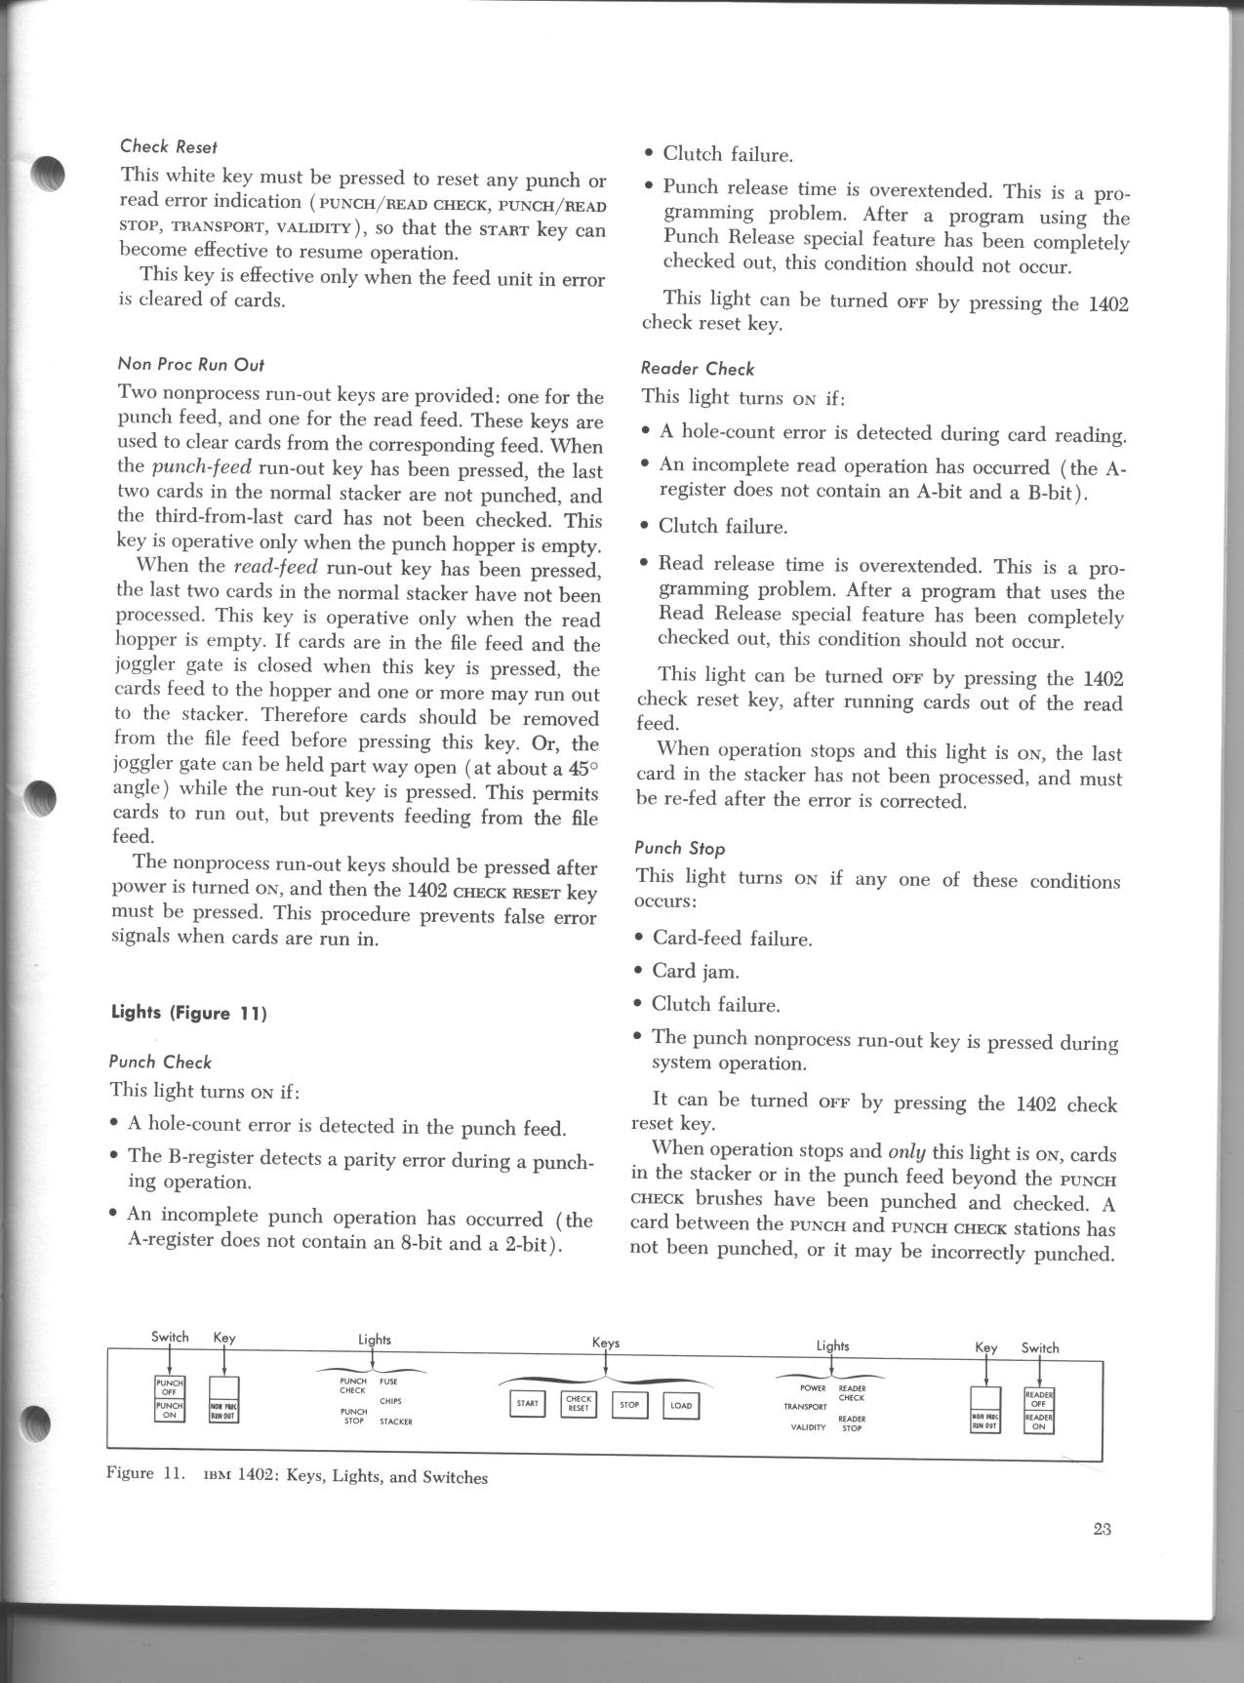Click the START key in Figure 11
(528, 1403)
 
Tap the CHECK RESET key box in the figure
(579, 1403)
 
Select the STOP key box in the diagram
(629, 1405)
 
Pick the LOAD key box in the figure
(681, 1406)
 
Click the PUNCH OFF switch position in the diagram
(169, 1387)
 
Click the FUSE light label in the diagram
(388, 1382)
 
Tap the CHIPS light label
(390, 1401)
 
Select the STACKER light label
(396, 1422)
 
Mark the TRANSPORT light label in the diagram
(805, 1407)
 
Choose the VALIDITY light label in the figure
(808, 1426)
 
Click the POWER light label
(813, 1387)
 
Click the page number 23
(1103, 1529)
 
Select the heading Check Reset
(169, 146)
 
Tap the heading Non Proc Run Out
(190, 365)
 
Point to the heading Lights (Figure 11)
(188, 1012)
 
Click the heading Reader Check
(698, 369)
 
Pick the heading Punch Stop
(680, 848)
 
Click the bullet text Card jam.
(696, 971)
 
